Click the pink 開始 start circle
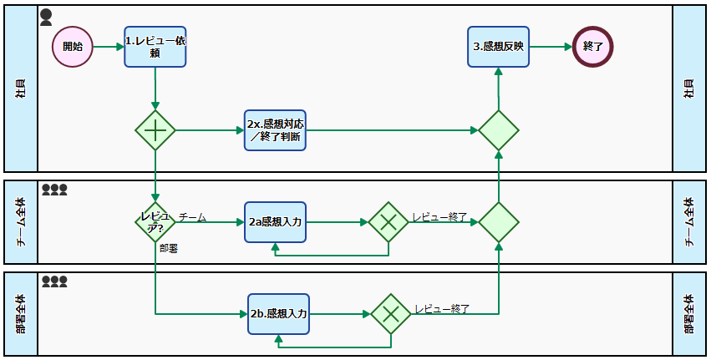pyautogui.click(x=73, y=47)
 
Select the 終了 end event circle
pyautogui.click(x=593, y=47)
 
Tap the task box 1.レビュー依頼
pyautogui.click(x=155, y=46)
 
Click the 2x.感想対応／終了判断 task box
pyautogui.click(x=275, y=130)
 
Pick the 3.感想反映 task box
pyautogui.click(x=498, y=47)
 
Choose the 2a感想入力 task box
pyautogui.click(x=275, y=222)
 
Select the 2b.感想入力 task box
pyautogui.click(x=279, y=314)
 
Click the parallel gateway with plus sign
pyautogui.click(x=155, y=130)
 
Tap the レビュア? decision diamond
pyautogui.click(x=155, y=222)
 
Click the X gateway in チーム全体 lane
pyautogui.click(x=389, y=222)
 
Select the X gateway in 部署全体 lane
pyautogui.click(x=391, y=314)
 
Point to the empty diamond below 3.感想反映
pyautogui.click(x=499, y=130)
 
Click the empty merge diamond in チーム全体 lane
pyautogui.click(x=499, y=222)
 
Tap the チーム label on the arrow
pyautogui.click(x=192, y=217)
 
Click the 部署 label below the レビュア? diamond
pyautogui.click(x=168, y=248)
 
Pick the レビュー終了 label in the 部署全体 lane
pyautogui.click(x=442, y=309)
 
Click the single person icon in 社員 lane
pyautogui.click(x=46, y=17)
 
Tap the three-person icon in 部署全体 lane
pyautogui.click(x=54, y=281)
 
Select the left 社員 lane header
pyautogui.click(x=21, y=89)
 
